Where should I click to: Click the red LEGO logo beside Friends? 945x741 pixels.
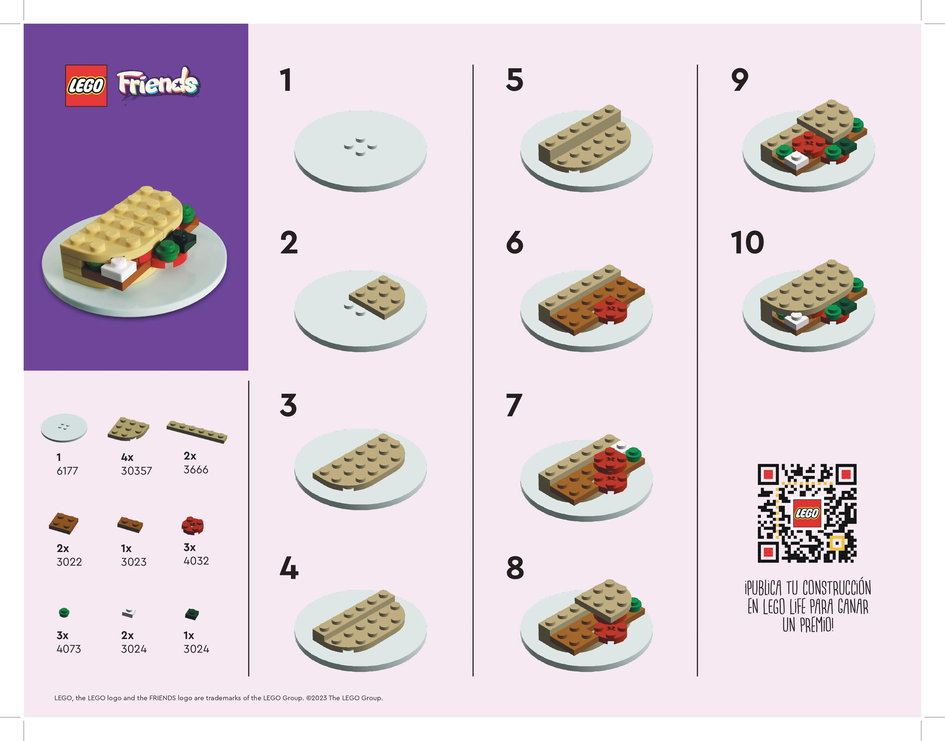[86, 85]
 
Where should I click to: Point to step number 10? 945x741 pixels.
[747, 243]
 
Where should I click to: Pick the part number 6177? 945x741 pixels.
[67, 471]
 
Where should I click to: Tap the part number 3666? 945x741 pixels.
[196, 469]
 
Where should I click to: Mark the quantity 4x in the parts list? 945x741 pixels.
[127, 457]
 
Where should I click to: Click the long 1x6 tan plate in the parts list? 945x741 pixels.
[197, 432]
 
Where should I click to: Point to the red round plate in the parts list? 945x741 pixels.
[193, 525]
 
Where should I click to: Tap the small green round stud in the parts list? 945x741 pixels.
[64, 613]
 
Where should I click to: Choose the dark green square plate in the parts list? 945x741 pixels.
[192, 614]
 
